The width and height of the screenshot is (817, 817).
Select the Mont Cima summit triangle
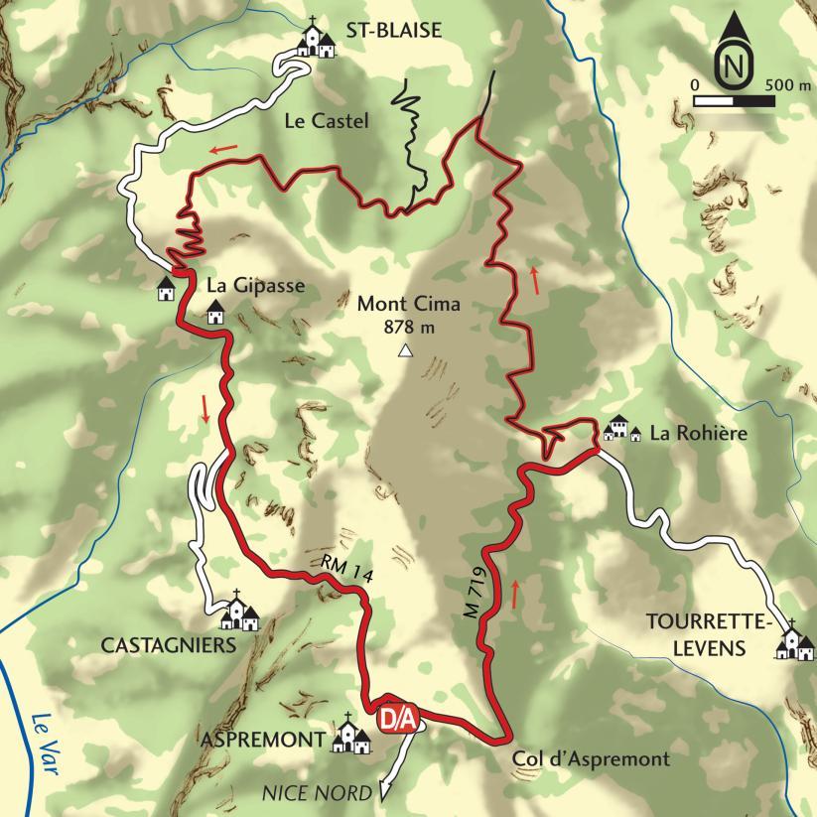[405, 350]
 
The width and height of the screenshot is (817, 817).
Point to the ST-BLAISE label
[393, 32]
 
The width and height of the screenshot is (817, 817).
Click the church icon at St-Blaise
[318, 41]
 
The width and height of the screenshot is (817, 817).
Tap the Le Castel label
[326, 122]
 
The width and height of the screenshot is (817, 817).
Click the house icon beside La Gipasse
[214, 312]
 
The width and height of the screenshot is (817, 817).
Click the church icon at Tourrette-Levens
[794, 642]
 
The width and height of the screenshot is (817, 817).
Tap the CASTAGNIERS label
[168, 645]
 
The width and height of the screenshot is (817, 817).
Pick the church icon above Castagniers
[238, 613]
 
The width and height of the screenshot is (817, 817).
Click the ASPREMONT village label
[264, 740]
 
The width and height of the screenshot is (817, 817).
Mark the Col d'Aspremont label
[592, 760]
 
